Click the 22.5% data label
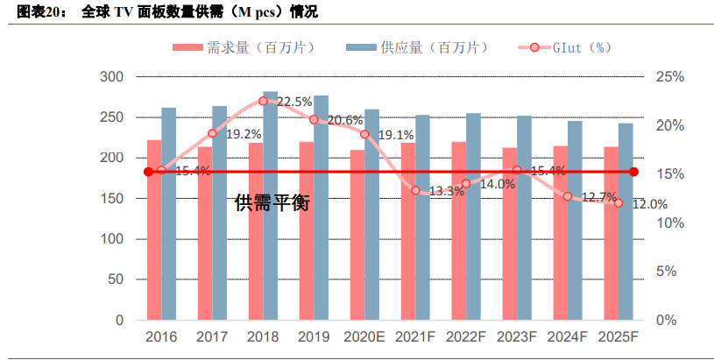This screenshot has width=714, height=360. pyautogui.click(x=294, y=102)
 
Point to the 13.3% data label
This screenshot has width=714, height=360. pyautogui.click(x=447, y=191)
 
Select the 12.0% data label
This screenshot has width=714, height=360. pyautogui.click(x=650, y=204)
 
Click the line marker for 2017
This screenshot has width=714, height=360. pyautogui.click(x=212, y=134)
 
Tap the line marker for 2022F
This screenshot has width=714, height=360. pyautogui.click(x=466, y=184)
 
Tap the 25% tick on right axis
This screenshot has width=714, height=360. pyautogui.click(x=669, y=77)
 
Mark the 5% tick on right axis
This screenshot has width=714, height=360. pyautogui.click(x=669, y=272)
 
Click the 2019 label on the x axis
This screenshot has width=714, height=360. pyautogui.click(x=314, y=338)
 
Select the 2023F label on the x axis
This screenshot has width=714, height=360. pyautogui.click(x=517, y=338)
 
